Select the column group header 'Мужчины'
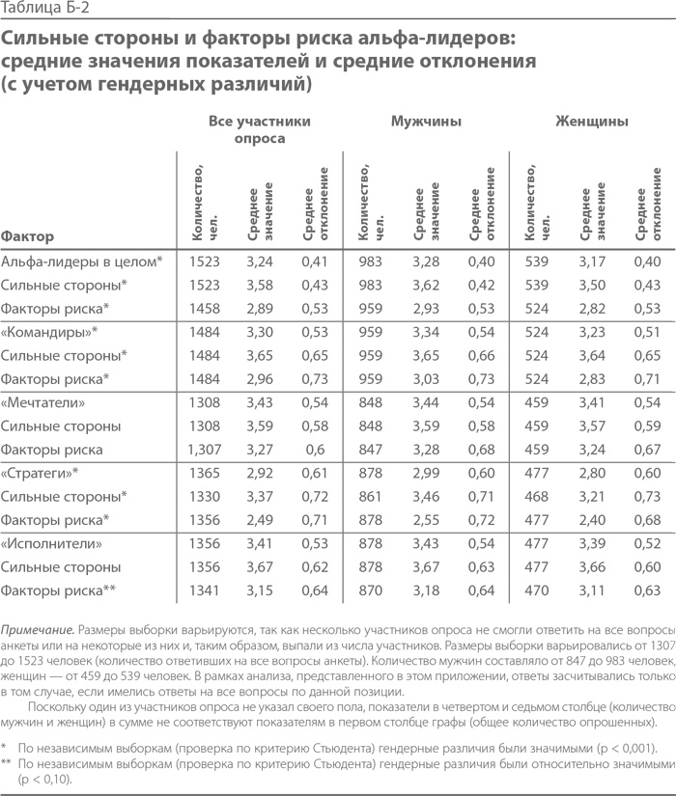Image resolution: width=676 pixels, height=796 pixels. (x=426, y=122)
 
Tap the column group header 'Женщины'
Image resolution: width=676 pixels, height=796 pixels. (x=592, y=122)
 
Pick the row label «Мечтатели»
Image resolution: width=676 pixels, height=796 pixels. (x=50, y=401)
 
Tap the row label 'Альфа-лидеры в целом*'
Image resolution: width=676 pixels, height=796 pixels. (x=82, y=261)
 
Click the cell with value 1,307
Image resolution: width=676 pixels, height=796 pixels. (x=205, y=449)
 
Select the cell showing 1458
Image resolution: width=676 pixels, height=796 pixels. (x=205, y=308)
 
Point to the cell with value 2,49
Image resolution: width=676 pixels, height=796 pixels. (x=260, y=520)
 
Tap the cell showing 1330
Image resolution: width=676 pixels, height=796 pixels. (x=205, y=496)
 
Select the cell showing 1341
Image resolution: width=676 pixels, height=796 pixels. (x=205, y=590)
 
